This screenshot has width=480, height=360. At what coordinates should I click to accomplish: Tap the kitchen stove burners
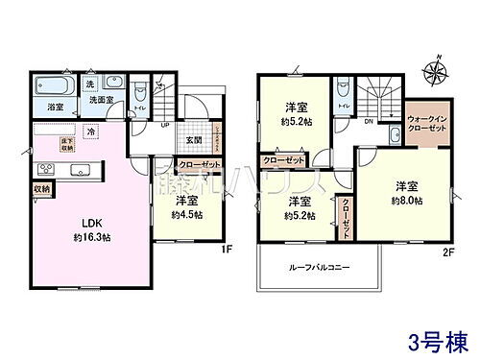(44, 170)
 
